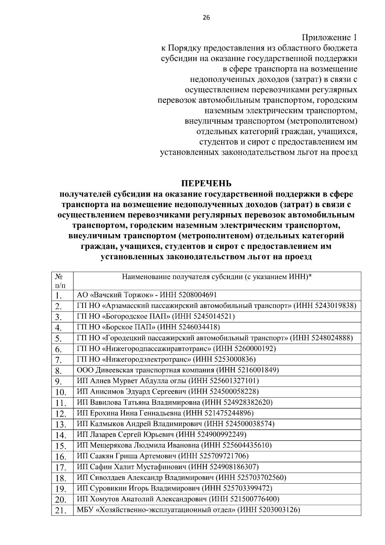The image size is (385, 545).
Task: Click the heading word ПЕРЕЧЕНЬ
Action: tap(206, 183)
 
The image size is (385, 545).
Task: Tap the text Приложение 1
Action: tap(329, 38)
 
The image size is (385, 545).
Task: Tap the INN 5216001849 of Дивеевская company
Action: tap(255, 370)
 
